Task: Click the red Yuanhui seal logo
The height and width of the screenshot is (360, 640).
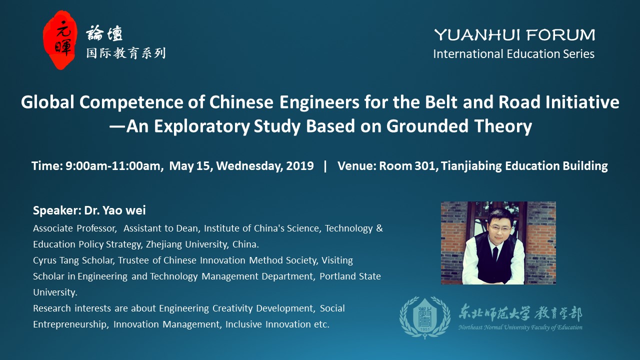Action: pyautogui.click(x=60, y=40)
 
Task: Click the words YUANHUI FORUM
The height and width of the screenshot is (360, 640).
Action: pyautogui.click(x=514, y=35)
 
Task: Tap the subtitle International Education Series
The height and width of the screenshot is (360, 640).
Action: pyautogui.click(x=513, y=54)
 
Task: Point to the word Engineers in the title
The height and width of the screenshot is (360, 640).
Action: pyautogui.click(x=319, y=102)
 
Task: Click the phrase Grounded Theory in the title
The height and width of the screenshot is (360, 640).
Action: pyautogui.click(x=459, y=126)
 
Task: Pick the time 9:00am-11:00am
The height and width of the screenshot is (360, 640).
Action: pyautogui.click(x=113, y=166)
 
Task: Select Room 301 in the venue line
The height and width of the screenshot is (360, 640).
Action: pyautogui.click(x=407, y=166)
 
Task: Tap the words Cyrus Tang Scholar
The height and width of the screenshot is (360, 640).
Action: pyautogui.click(x=73, y=260)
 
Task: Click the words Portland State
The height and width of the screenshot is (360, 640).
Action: pyautogui.click(x=350, y=276)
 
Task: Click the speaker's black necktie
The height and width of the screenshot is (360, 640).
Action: pyautogui.click(x=495, y=256)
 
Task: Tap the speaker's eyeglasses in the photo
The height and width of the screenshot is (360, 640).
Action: pyautogui.click(x=499, y=228)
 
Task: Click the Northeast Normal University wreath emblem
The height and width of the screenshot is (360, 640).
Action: pyautogui.click(x=424, y=317)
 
